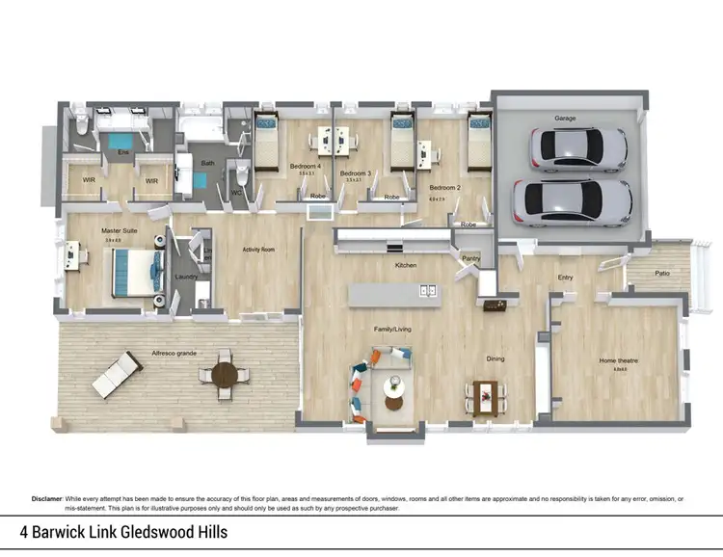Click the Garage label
(565, 118)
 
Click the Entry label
(566, 278)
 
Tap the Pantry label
(470, 258)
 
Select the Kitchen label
(405, 264)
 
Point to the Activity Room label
(258, 250)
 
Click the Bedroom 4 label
(306, 166)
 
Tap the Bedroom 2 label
(443, 187)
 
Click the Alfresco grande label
(174, 354)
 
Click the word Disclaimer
(48, 498)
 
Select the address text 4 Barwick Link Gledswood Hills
(125, 532)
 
